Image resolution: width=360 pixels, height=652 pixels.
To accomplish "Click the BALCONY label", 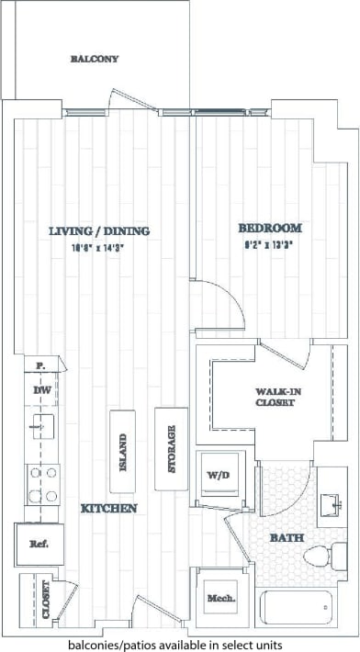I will [95, 59].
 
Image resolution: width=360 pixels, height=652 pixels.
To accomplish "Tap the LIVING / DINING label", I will [99, 231].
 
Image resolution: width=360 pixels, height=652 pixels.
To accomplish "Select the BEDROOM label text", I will [270, 228].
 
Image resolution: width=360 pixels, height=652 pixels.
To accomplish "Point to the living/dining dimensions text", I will [99, 246].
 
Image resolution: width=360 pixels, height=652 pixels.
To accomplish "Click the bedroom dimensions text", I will [270, 244].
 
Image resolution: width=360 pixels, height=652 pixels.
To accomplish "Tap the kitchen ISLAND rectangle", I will [123, 452].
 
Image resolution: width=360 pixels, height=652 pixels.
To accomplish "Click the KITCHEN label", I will [108, 508].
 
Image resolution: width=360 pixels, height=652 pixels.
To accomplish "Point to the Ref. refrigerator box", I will [39, 544].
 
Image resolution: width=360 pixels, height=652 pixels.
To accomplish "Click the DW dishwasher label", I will [41, 391].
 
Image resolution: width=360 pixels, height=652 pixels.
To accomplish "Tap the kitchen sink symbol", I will [41, 426].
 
